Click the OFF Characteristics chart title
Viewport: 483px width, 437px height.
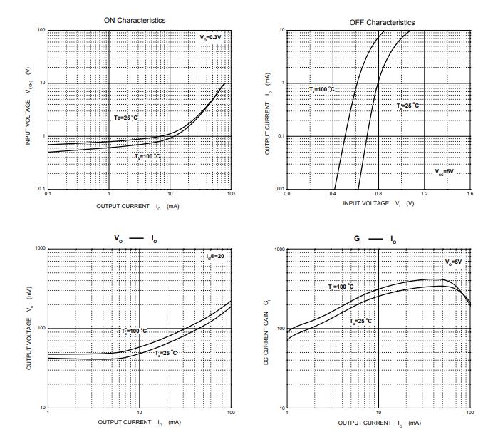coord(382,23)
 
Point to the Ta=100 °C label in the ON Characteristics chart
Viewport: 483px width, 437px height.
coord(148,156)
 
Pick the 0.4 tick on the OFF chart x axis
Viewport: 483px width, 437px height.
coord(333,194)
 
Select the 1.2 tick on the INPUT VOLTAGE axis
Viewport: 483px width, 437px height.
coord(424,194)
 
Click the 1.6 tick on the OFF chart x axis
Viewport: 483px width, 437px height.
coord(469,194)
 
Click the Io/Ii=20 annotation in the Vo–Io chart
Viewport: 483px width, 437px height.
coord(214,255)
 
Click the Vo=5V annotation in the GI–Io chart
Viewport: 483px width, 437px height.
coord(453,262)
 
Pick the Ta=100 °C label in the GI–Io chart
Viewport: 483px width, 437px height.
coord(341,287)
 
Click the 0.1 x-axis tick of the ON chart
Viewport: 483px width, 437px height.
coord(48,194)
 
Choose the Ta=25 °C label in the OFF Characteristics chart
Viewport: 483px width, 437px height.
coord(408,106)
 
